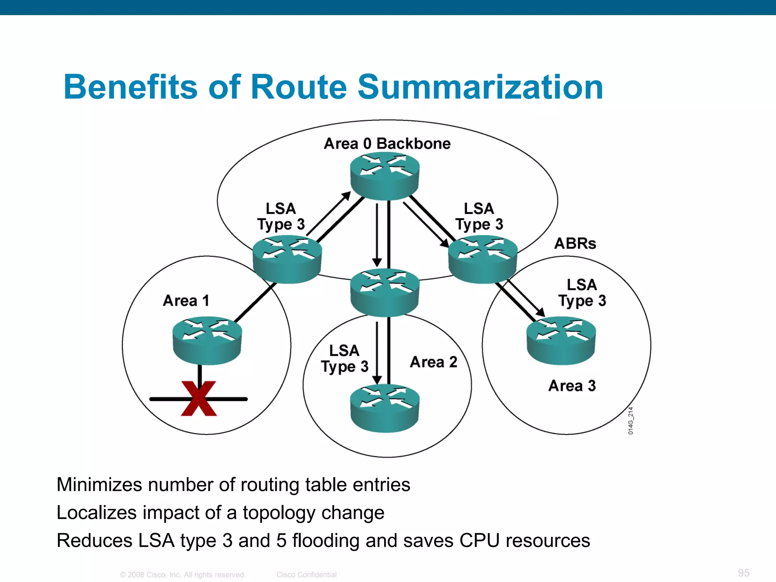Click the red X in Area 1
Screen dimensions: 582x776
[x=199, y=399]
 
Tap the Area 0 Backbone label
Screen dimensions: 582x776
[x=387, y=144]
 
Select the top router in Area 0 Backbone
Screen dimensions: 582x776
[x=385, y=176]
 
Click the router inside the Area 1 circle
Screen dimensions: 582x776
[x=207, y=340]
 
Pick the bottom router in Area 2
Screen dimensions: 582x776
[x=385, y=408]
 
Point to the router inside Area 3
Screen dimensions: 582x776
[x=561, y=340]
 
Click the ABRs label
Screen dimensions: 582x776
[x=575, y=243]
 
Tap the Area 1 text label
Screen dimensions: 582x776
[x=186, y=300]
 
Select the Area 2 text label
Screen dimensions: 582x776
[x=433, y=362]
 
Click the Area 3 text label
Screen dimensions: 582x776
[x=572, y=386]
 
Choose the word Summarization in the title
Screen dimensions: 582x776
[x=480, y=87]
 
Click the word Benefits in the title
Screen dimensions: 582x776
[x=131, y=87]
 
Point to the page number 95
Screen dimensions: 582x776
[x=744, y=573]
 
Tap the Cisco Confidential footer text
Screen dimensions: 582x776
[x=307, y=575]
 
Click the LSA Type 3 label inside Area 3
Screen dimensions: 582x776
[x=582, y=293]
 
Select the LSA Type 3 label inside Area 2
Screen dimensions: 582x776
[x=344, y=358]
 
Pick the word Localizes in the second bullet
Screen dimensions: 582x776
[x=97, y=513]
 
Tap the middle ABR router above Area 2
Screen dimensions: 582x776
[x=385, y=292]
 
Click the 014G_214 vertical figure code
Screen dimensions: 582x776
[x=630, y=421]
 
